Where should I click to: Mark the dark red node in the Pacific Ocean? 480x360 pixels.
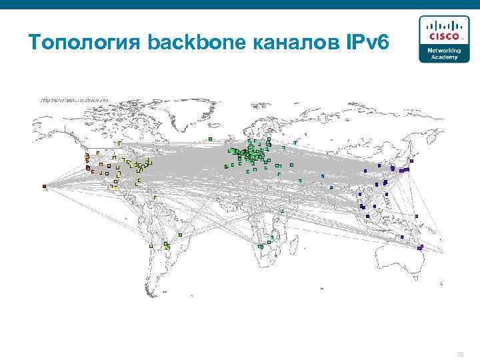pyautogui.click(x=44, y=186)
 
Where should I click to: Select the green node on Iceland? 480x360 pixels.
pyautogui.click(x=210, y=139)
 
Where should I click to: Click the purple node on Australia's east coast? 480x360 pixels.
pyautogui.click(x=421, y=247)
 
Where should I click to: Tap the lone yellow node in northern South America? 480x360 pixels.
pyautogui.click(x=155, y=197)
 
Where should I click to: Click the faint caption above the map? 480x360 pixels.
pyautogui.click(x=73, y=99)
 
